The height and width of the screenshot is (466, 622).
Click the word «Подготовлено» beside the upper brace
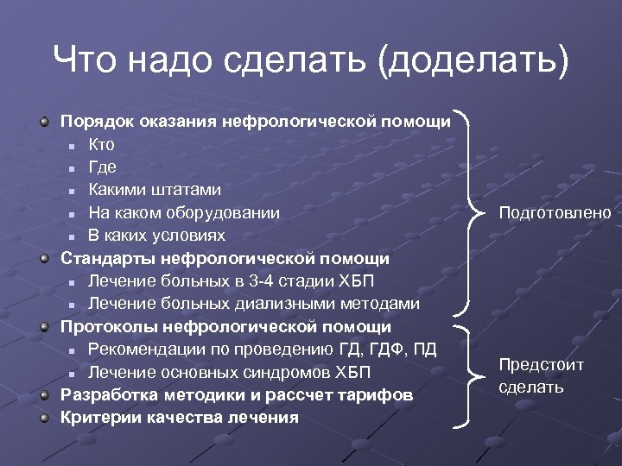point(554,212)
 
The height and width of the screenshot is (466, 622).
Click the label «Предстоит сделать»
point(541,375)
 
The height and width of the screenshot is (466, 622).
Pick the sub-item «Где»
point(102,167)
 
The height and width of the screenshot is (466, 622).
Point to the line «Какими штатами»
point(154,189)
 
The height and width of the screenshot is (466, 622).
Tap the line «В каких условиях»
point(155,235)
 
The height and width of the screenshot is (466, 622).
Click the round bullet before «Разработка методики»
point(45,395)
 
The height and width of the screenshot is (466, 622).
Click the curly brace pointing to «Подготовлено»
point(474,212)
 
